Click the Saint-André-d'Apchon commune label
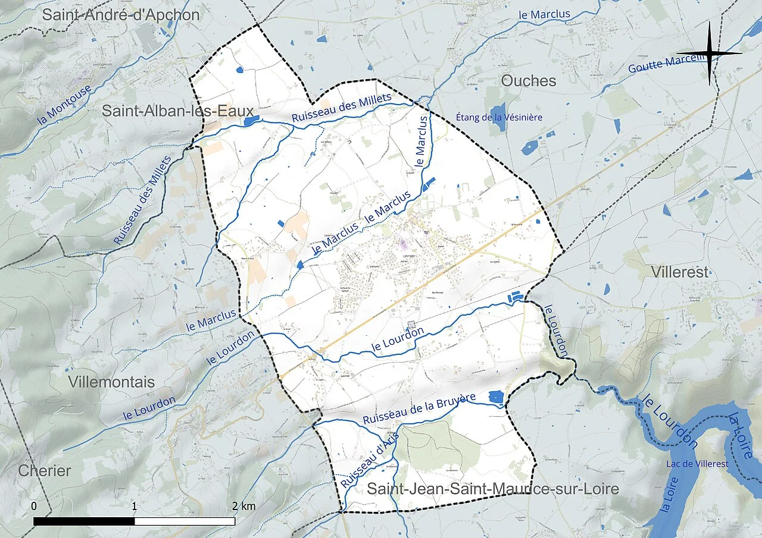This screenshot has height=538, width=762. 120,15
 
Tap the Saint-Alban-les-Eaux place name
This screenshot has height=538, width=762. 177,111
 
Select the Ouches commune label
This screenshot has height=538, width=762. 529,81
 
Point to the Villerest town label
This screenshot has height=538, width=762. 680,272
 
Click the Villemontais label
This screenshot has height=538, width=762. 111,382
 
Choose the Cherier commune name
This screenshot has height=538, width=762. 45,471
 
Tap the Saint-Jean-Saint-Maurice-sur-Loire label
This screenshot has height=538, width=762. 492,489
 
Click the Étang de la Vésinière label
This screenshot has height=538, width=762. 499,117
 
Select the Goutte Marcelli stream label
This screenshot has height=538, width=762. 666,63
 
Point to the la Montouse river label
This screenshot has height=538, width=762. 64,105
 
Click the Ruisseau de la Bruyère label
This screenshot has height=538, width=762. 419,409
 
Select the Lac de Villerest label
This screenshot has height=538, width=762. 697,464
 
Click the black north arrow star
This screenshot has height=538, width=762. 710,54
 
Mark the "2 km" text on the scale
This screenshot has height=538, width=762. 243,506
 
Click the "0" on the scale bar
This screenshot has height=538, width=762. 34,506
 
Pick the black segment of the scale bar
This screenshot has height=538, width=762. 84,521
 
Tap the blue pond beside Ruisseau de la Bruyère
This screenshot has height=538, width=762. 495,397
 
